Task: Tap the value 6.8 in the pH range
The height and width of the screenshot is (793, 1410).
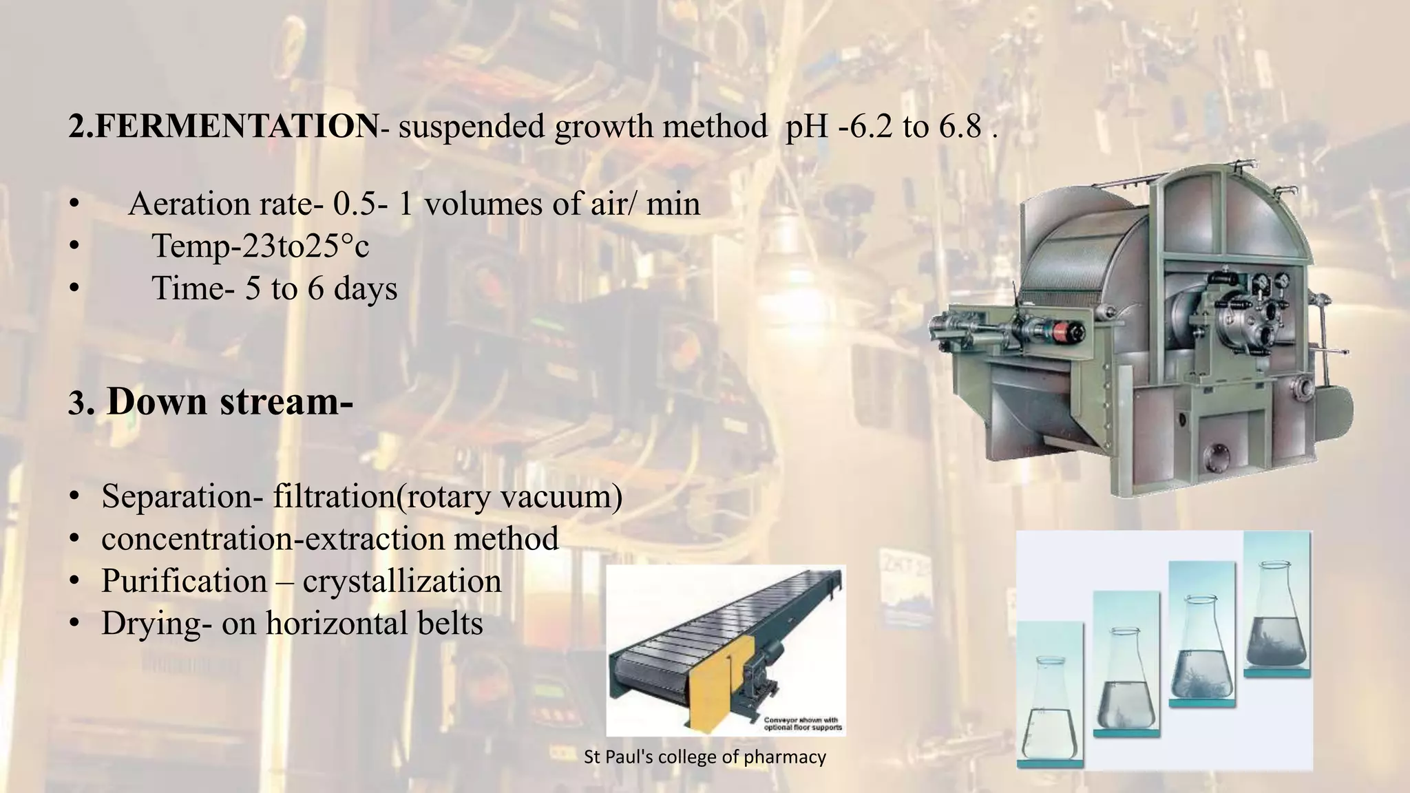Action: point(960,127)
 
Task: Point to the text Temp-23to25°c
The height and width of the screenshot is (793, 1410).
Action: point(260,246)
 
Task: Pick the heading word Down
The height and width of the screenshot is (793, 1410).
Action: point(157,401)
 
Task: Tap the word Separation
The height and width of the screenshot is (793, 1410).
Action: point(176,496)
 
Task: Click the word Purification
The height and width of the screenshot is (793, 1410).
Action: point(184,581)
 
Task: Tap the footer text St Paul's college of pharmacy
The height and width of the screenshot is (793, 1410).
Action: point(704,757)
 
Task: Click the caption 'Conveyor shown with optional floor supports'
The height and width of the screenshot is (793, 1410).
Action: point(803,723)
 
